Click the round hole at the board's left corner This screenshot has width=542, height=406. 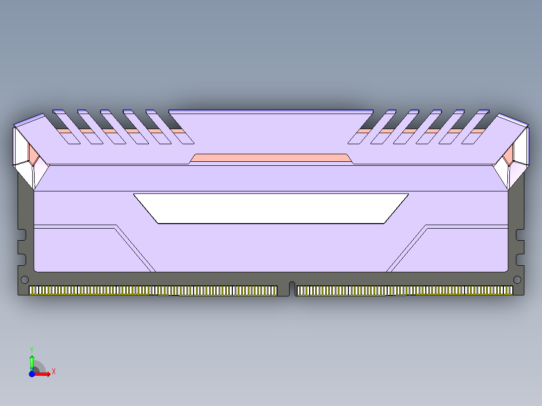tap(24, 279)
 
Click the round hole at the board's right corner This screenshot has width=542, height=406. tap(516, 279)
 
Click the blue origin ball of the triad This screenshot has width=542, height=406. tap(32, 374)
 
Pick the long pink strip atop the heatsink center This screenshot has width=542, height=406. tap(271, 158)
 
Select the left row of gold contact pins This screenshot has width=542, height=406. tap(153, 290)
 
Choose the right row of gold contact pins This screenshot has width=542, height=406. tap(405, 290)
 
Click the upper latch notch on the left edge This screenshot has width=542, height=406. tap(21, 234)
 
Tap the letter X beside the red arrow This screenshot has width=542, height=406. tap(54, 372)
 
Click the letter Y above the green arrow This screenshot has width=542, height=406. tap(32, 349)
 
